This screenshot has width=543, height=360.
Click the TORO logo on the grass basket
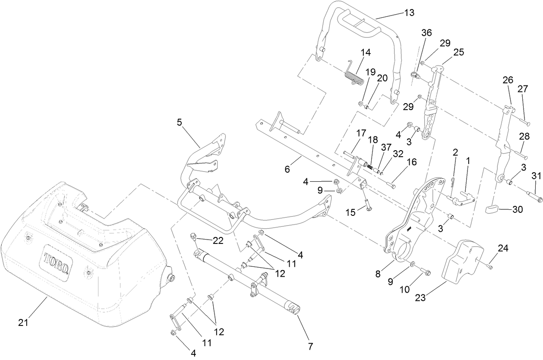[x=56, y=262]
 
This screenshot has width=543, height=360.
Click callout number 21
[x=24, y=322]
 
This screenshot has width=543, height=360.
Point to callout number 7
[x=310, y=346]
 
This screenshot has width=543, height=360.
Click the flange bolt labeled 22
[x=193, y=236]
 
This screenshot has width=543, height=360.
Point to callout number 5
[x=180, y=122]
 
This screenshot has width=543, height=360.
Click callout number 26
[x=508, y=80]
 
